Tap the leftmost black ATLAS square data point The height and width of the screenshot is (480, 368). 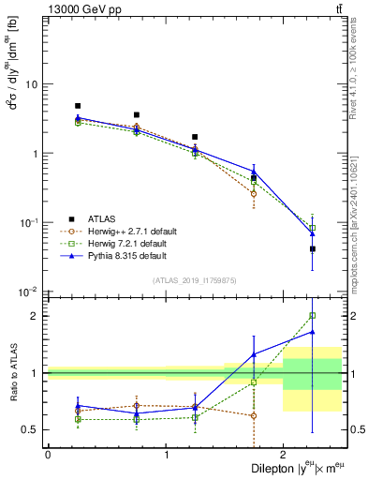click(x=78, y=106)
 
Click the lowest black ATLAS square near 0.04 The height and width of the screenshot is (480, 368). click(x=313, y=249)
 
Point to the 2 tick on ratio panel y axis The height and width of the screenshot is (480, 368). click(x=36, y=316)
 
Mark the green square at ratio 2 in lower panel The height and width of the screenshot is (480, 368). click(x=313, y=316)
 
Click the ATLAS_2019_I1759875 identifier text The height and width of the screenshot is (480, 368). click(x=195, y=279)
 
